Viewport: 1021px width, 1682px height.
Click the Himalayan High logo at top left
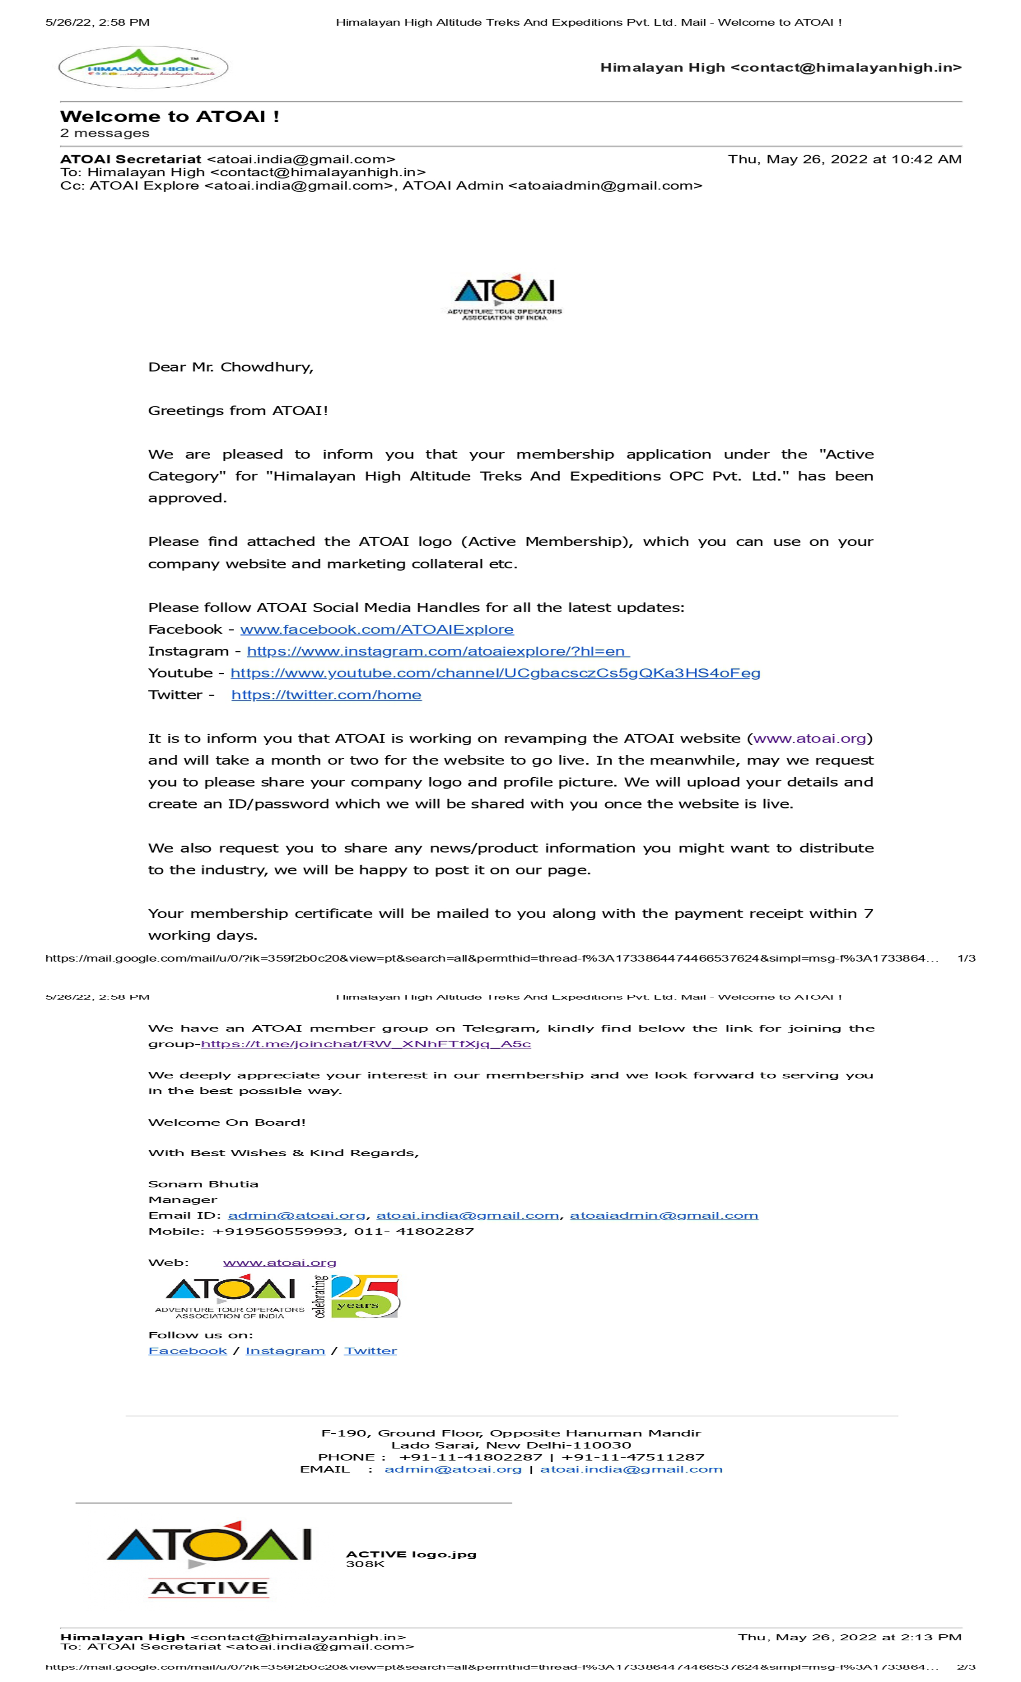coord(143,67)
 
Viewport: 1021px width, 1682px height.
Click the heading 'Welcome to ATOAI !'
coord(169,117)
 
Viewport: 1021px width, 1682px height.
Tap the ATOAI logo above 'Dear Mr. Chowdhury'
coord(504,297)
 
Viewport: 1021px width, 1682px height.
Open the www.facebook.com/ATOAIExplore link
coord(377,630)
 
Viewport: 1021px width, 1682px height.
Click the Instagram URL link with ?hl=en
coord(438,651)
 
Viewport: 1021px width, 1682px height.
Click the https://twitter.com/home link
coord(326,695)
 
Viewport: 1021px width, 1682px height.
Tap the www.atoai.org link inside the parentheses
coord(810,738)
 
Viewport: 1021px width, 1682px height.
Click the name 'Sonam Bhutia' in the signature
coord(203,1184)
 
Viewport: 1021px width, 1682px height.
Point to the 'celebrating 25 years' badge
coord(357,1296)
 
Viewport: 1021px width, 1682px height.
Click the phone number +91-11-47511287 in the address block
coord(633,1457)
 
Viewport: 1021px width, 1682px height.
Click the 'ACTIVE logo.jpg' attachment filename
coord(411,1554)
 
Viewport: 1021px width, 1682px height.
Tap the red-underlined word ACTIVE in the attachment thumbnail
coord(209,1588)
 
